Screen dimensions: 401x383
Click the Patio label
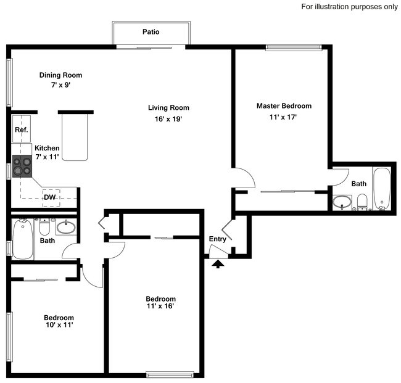151,32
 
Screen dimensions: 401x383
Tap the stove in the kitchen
22,167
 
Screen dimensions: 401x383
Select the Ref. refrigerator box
22,129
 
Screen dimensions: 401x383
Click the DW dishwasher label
50,197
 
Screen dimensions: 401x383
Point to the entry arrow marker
218,264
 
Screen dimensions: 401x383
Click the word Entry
218,239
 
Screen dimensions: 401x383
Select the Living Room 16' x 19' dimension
168,119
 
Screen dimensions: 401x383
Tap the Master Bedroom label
284,106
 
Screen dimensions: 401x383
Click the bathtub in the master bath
382,189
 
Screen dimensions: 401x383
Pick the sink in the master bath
342,202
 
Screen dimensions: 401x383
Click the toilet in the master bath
362,202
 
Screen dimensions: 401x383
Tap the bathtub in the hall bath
23,239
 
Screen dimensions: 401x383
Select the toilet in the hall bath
44,227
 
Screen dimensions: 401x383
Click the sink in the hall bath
66,227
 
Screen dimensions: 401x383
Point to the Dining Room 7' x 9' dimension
60,84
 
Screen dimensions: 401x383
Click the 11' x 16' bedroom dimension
160,306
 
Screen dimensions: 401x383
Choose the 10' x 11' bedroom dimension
59,324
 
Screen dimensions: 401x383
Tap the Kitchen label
47,148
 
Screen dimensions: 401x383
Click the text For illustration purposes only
349,7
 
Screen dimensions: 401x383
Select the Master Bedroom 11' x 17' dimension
283,117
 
